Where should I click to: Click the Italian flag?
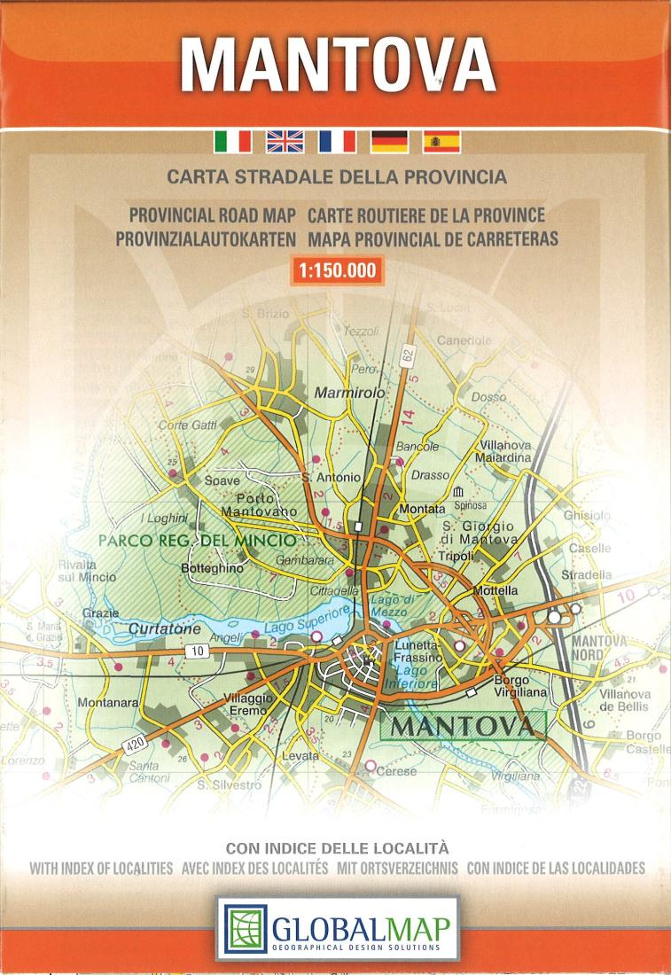click(x=233, y=141)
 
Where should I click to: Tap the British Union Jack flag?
click(x=285, y=141)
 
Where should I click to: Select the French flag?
click(x=338, y=141)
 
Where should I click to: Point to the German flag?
click(x=389, y=141)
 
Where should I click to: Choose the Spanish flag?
click(x=441, y=141)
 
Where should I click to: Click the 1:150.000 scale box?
click(x=337, y=271)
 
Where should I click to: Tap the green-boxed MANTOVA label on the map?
click(x=463, y=726)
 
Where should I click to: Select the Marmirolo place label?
click(x=350, y=392)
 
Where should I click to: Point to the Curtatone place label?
click(x=165, y=628)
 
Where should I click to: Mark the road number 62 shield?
click(x=407, y=355)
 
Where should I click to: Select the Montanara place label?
click(x=108, y=702)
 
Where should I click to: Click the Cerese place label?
click(x=396, y=771)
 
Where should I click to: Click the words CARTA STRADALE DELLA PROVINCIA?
click(x=336, y=176)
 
